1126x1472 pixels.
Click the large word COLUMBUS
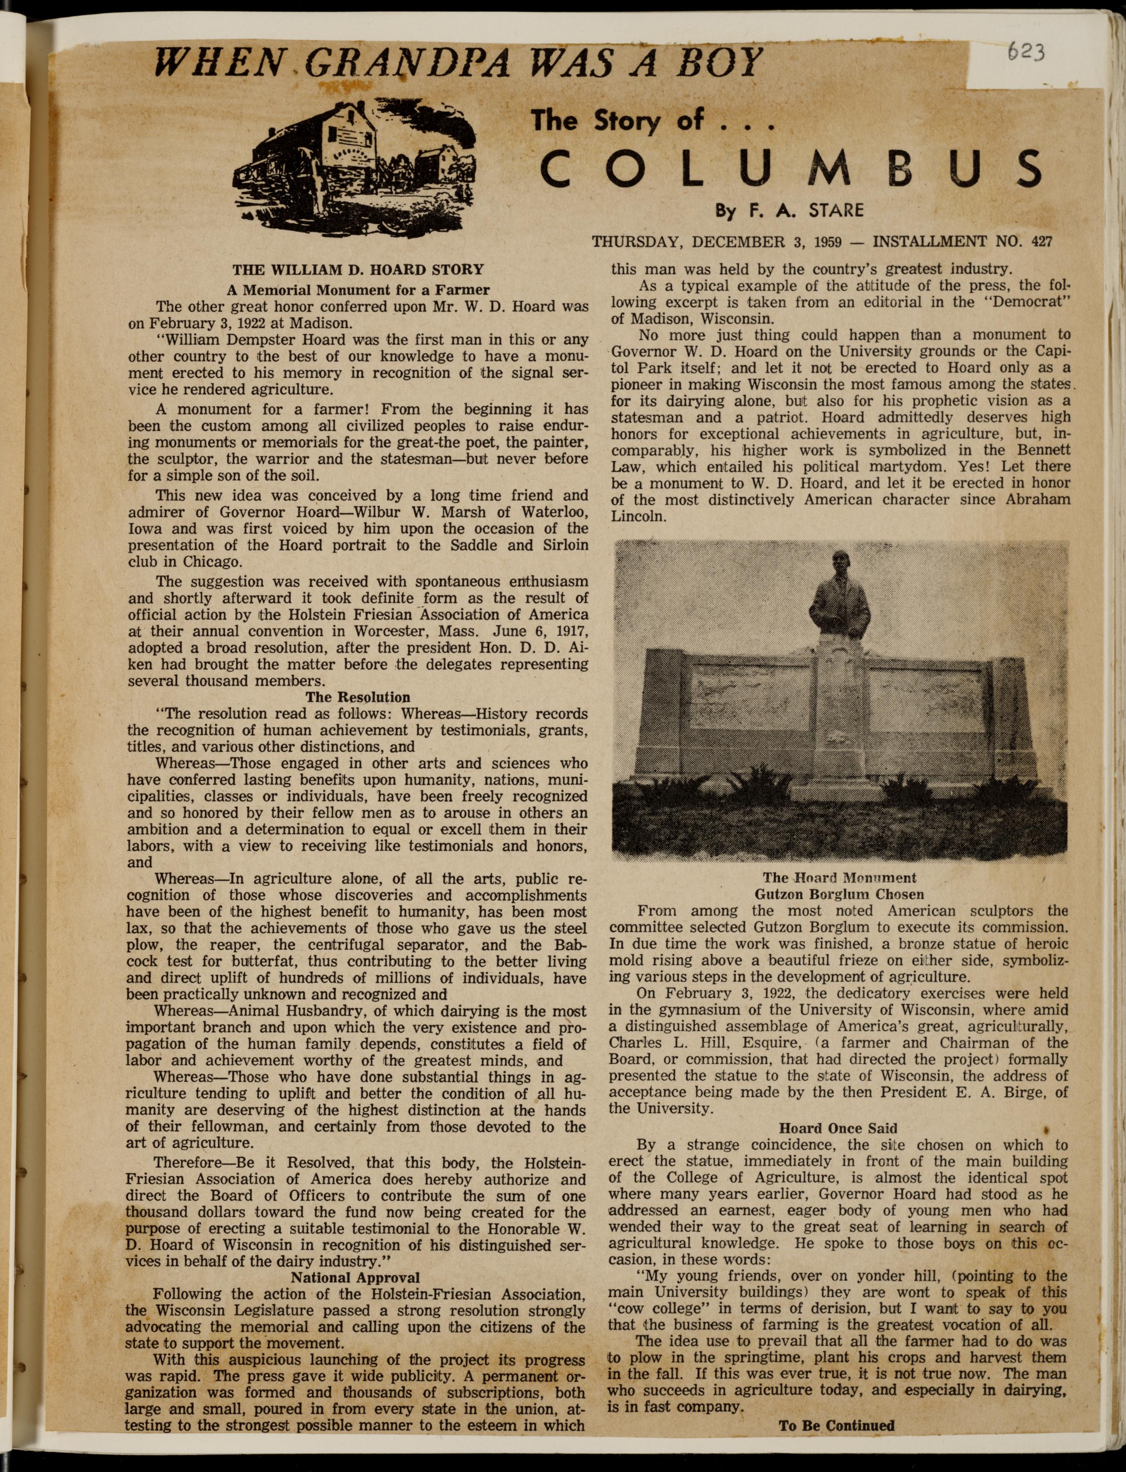[x=791, y=169]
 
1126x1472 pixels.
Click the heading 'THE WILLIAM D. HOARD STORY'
[x=358, y=270]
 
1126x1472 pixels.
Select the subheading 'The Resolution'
[x=358, y=697]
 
